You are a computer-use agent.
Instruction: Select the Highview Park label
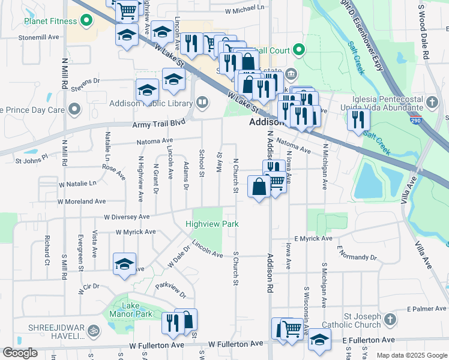pyautogui.click(x=212, y=224)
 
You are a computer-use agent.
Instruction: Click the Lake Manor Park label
pyautogui.click(x=127, y=309)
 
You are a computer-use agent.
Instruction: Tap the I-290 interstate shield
pyautogui.click(x=415, y=120)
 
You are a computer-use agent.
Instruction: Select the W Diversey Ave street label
pyautogui.click(x=126, y=217)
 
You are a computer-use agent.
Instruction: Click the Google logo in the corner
pyautogui.click(x=19, y=353)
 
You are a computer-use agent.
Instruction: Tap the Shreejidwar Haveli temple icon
pyautogui.click(x=93, y=329)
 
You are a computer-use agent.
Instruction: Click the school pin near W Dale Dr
pyautogui.click(x=124, y=264)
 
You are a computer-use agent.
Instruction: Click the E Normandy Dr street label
pyautogui.click(x=357, y=257)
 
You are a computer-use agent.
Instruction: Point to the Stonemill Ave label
pyautogui.click(x=39, y=37)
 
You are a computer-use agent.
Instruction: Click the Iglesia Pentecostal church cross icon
pyautogui.click(x=434, y=102)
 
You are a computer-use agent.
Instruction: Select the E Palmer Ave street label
pyautogui.click(x=426, y=309)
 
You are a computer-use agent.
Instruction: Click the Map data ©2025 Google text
pyautogui.click(x=411, y=355)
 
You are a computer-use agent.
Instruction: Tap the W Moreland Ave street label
pyautogui.click(x=82, y=202)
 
